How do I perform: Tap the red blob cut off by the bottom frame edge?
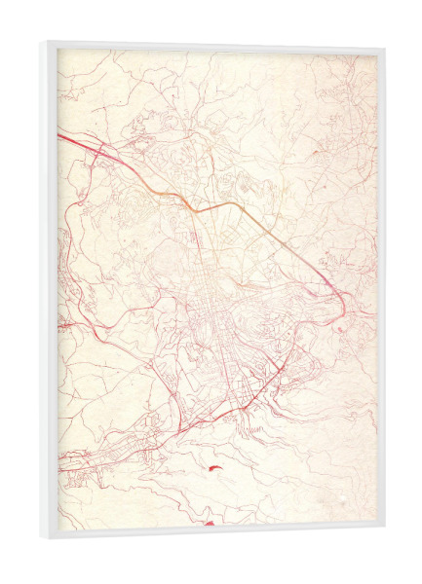[x=208, y=523]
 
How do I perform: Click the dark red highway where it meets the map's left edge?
[x=61, y=137]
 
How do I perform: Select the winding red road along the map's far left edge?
[x=64, y=273]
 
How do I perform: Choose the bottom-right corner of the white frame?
[x=383, y=529]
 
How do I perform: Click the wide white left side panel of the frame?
[x=50, y=292]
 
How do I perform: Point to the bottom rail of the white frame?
[x=214, y=533]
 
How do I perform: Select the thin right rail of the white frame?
[x=381, y=292]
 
